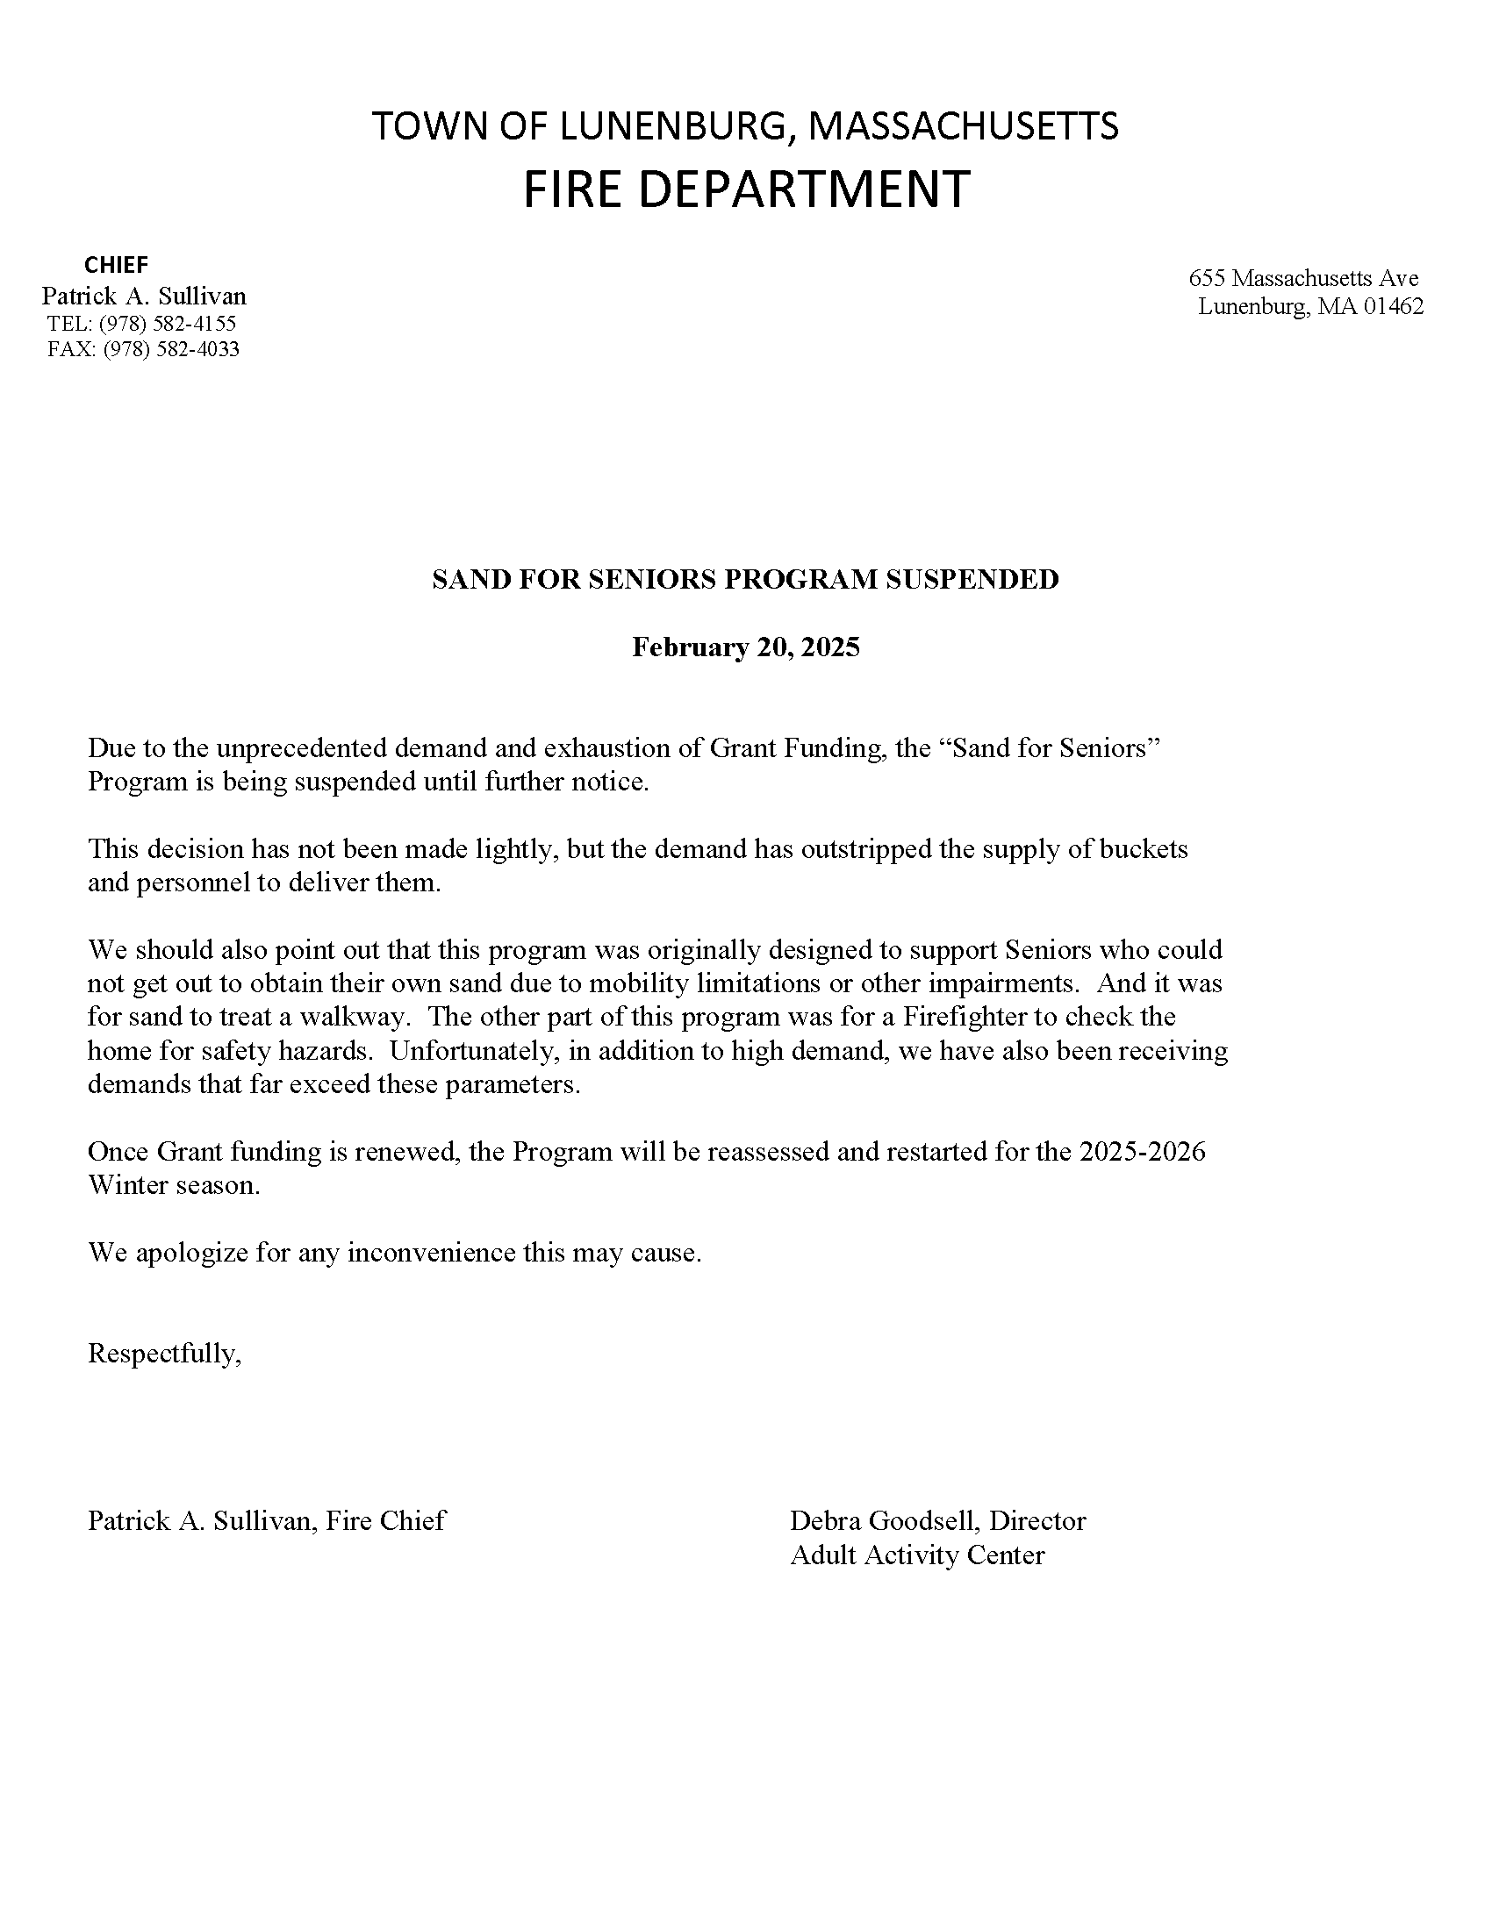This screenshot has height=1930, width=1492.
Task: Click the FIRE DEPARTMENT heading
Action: [x=746, y=189]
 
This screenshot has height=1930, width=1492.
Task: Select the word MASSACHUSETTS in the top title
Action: [x=964, y=126]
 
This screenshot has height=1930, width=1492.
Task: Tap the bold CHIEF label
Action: [x=116, y=264]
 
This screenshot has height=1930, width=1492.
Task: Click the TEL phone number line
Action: [x=141, y=324]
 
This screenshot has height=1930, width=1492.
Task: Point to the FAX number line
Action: [x=143, y=349]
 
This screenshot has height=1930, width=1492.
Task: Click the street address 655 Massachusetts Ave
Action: [x=1302, y=278]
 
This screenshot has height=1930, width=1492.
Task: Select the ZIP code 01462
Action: [x=1394, y=307]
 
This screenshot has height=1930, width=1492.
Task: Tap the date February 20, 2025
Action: [x=745, y=647]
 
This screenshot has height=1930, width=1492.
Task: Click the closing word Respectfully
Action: [x=163, y=1354]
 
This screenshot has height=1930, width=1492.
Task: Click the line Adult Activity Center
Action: [x=916, y=1555]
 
